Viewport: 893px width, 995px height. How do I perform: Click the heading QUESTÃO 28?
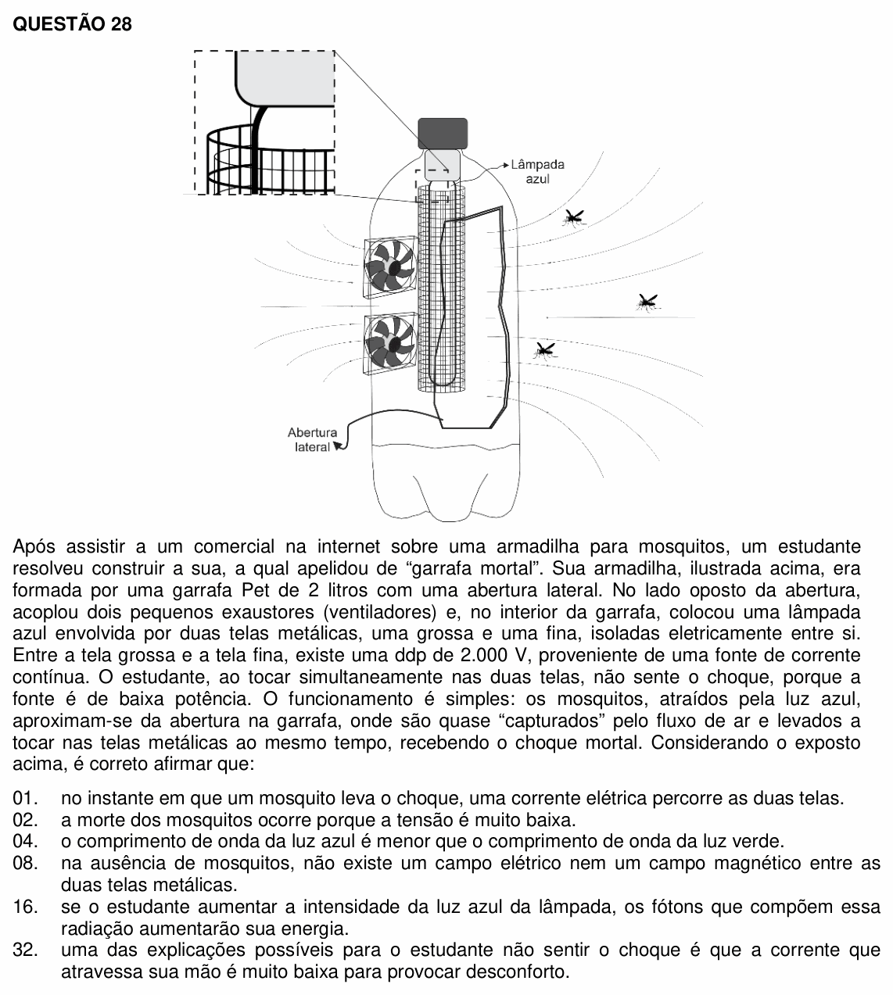(x=72, y=24)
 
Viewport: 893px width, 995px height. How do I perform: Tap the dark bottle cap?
(x=443, y=133)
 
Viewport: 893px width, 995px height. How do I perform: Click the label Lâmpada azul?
(x=537, y=171)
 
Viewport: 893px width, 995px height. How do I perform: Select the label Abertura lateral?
(x=312, y=439)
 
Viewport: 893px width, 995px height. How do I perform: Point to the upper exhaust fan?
(x=390, y=267)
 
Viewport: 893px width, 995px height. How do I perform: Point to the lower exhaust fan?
(x=390, y=343)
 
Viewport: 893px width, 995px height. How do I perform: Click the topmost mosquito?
(x=573, y=217)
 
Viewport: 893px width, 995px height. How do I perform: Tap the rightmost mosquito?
(x=647, y=302)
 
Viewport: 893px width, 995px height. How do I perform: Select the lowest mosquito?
(x=545, y=351)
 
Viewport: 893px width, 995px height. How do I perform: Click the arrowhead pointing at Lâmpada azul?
(x=506, y=166)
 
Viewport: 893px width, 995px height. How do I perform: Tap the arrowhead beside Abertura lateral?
(x=338, y=446)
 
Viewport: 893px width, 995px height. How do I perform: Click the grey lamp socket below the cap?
(x=443, y=165)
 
